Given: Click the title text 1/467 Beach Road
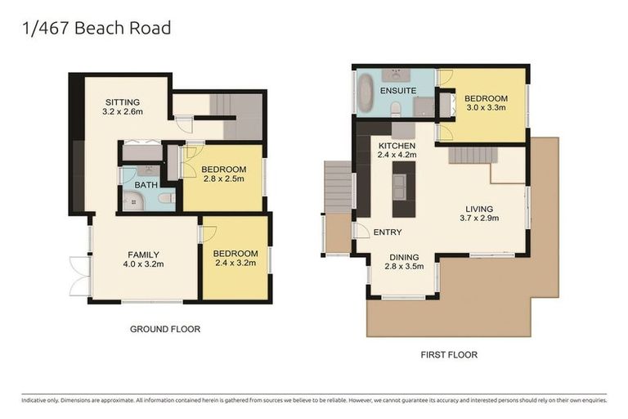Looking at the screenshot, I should coord(96,28).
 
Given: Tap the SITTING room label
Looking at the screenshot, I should coord(123,101).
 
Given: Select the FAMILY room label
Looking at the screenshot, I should coord(143,254).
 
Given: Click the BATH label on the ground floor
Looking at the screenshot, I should coord(146,185).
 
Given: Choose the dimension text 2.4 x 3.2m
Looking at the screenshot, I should coord(235,264).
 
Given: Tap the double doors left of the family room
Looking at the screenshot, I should coord(79,276).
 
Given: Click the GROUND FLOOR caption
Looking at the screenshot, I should coord(165,329).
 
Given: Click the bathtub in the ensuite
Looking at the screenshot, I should coord(366,93).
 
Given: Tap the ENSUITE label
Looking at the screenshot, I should coord(398,91).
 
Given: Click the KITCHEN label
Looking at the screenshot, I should coord(397,146).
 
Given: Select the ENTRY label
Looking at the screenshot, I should coord(388,232).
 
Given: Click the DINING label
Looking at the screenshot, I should coord(405,256).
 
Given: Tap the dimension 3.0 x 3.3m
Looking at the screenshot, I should coord(487,106).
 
